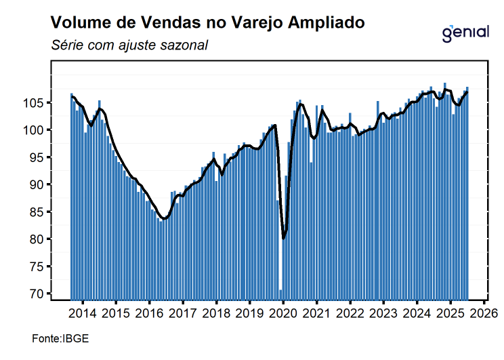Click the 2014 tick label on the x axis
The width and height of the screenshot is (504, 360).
[x=83, y=313]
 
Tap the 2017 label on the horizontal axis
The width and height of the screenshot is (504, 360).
[x=183, y=313]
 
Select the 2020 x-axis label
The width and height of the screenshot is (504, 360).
[x=283, y=313]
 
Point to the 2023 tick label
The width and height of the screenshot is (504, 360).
[x=383, y=313]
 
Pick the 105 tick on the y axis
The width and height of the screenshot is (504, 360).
[x=36, y=103]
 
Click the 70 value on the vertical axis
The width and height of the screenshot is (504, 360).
[x=39, y=294]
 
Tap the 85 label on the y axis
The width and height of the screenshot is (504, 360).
[x=39, y=212]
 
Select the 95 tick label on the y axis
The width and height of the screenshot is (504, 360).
[x=39, y=157]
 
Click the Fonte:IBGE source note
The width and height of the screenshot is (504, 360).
[x=60, y=338]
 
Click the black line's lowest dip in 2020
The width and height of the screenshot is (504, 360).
[x=284, y=238]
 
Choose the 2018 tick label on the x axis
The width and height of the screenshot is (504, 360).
[x=217, y=313]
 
